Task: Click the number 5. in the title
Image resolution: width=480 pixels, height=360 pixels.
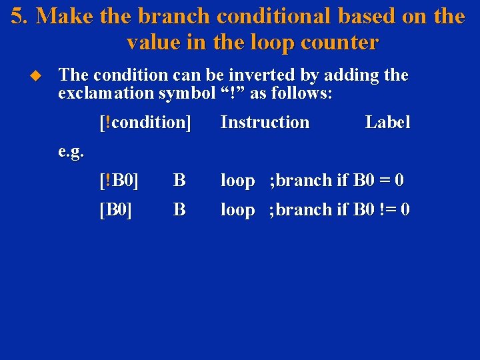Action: pos(19,16)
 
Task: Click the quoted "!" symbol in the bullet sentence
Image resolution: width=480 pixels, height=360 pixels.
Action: pos(233,93)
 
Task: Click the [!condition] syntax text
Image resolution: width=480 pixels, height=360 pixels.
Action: pos(145,123)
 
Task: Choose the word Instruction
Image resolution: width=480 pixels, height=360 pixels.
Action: pos(265,123)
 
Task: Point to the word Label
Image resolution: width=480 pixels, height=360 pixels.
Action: pos(387,123)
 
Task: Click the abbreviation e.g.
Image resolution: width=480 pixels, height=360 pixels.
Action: pos(71,152)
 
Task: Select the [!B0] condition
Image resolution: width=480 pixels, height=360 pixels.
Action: pos(119,181)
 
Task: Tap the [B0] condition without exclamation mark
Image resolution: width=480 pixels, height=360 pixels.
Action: pos(115,210)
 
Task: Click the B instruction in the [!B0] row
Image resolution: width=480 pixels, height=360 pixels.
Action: pos(179,181)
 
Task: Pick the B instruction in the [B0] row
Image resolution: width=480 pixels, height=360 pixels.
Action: pos(179,210)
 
